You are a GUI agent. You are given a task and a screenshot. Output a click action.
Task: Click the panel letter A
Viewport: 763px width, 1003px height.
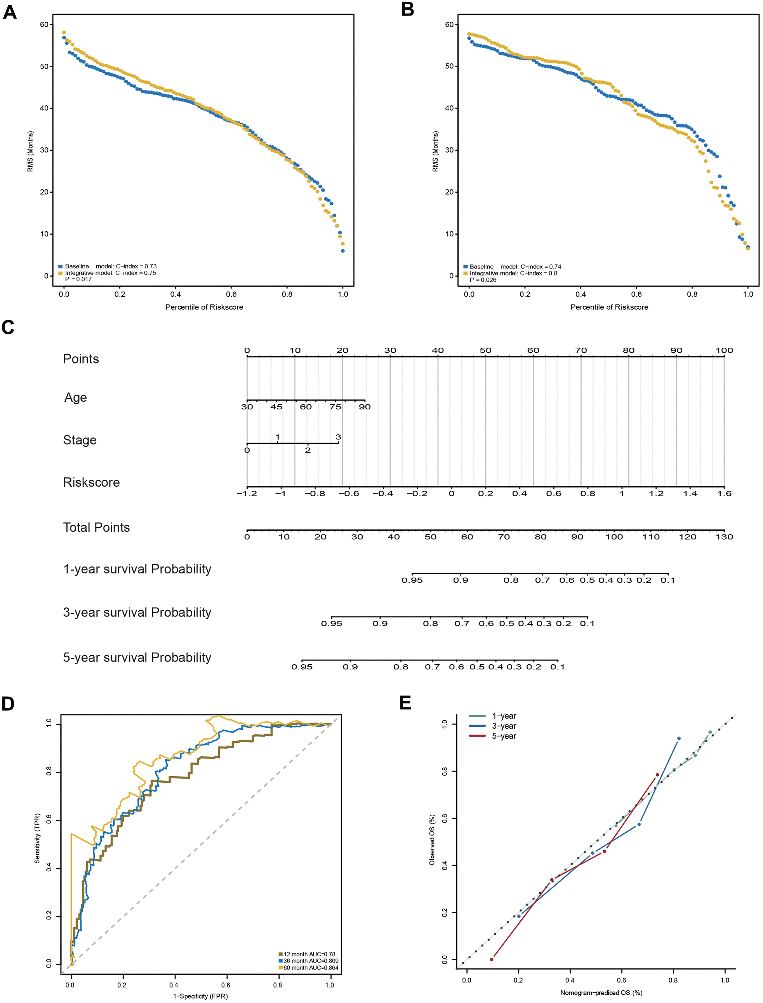(10, 12)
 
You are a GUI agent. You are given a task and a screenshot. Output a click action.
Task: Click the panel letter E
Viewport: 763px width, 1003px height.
(405, 703)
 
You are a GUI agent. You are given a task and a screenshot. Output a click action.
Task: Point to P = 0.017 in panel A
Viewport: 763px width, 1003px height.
(78, 279)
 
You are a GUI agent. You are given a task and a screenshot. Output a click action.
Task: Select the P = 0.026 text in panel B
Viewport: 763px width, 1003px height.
(483, 280)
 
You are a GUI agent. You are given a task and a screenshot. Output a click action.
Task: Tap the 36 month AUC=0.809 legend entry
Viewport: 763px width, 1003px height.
(311, 961)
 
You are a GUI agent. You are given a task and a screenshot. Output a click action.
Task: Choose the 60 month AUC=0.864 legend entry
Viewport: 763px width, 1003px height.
(311, 968)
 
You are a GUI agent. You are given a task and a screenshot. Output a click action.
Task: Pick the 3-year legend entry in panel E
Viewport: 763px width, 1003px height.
(504, 726)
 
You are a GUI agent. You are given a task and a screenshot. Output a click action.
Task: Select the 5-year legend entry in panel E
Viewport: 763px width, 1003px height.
(504, 736)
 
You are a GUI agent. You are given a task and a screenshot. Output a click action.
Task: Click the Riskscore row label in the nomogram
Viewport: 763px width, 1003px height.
(91, 482)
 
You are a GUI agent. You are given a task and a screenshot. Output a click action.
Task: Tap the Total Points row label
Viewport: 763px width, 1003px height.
(96, 528)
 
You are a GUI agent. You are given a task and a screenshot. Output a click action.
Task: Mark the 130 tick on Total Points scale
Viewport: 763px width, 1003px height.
(725, 537)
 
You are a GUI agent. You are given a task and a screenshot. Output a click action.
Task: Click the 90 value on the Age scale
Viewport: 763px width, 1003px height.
(365, 407)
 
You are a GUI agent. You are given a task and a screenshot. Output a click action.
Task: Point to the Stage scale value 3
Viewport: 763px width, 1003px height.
(338, 437)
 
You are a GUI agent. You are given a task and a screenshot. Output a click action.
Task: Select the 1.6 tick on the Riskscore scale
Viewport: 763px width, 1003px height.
(725, 494)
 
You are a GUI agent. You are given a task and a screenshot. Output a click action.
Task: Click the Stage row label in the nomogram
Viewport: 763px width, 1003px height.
(80, 440)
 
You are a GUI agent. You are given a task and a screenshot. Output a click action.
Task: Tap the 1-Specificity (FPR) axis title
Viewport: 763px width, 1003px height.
(200, 996)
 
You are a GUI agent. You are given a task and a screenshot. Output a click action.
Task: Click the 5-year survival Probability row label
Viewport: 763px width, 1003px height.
(137, 658)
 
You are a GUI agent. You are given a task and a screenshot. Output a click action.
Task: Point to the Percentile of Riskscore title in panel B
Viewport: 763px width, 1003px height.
(609, 307)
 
